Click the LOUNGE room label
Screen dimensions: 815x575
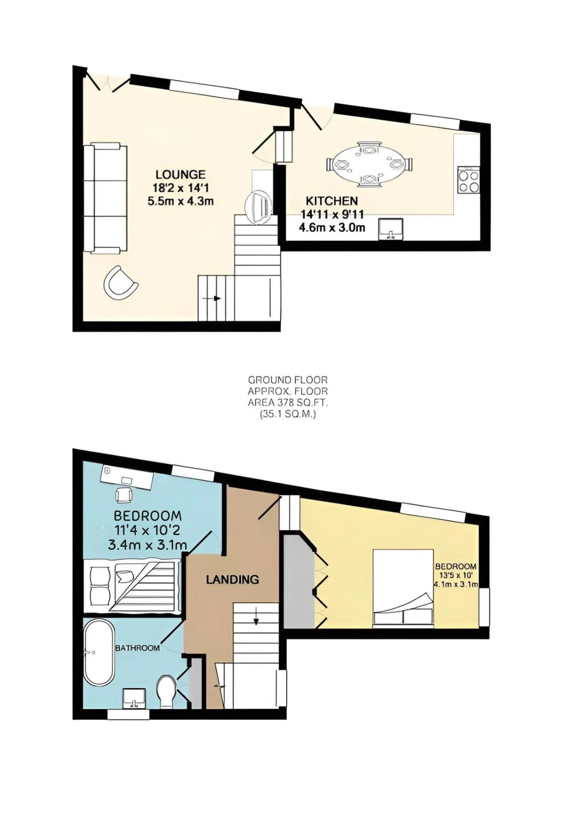pyautogui.click(x=180, y=174)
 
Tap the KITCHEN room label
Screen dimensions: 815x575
pyautogui.click(x=332, y=201)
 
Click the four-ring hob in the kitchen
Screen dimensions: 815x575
pyautogui.click(x=469, y=181)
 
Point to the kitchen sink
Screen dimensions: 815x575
pyautogui.click(x=391, y=229)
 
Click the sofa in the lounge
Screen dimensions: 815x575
pyautogui.click(x=105, y=198)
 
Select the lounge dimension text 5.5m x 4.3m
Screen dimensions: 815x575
pyautogui.click(x=180, y=201)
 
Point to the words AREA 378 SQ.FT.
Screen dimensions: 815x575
pyautogui.click(x=288, y=403)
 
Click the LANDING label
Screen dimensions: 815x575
pyautogui.click(x=232, y=579)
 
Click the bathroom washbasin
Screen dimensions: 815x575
pyautogui.click(x=134, y=698)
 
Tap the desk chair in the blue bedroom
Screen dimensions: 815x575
pyautogui.click(x=124, y=495)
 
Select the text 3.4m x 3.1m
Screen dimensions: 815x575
pyautogui.click(x=147, y=545)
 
